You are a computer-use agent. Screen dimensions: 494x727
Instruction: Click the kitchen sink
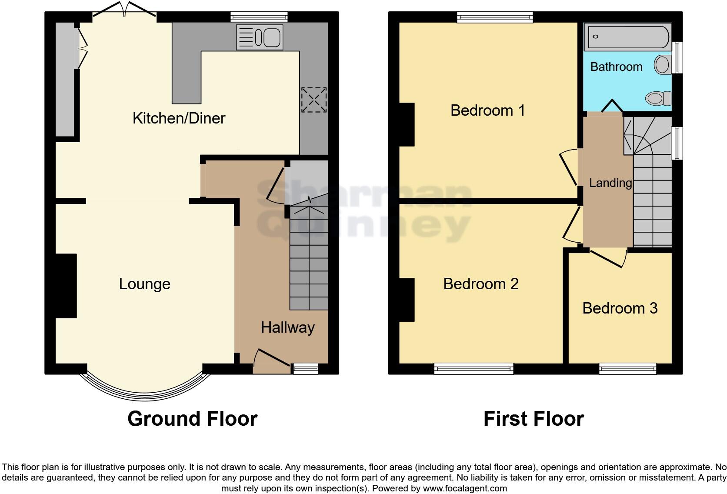(x=260, y=37)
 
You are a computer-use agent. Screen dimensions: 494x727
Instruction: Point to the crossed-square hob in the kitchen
(x=313, y=100)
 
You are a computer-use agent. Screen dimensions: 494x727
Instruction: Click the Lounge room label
(x=144, y=284)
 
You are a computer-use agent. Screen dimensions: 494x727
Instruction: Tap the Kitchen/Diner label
(x=179, y=118)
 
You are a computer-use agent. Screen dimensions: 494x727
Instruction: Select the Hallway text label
(x=287, y=327)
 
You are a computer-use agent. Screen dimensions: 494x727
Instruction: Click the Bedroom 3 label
(x=620, y=308)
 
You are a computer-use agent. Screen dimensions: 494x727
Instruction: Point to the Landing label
(x=610, y=183)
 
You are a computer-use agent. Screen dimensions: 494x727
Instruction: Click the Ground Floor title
(x=192, y=419)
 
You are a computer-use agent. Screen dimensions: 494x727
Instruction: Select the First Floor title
(x=534, y=419)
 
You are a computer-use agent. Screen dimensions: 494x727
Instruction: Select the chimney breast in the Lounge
(x=66, y=286)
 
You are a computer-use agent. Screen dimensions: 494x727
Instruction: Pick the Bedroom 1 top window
(x=495, y=17)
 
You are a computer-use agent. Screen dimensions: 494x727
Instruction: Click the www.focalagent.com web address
(x=464, y=488)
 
